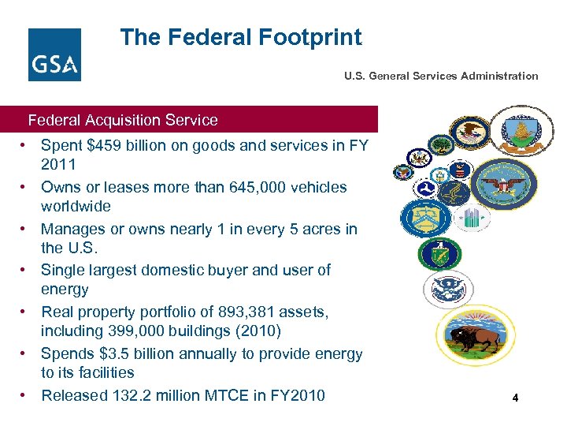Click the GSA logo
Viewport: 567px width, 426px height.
54,54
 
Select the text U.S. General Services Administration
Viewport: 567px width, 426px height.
441,77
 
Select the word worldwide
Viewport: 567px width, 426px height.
76,206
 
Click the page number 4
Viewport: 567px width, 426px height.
515,398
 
